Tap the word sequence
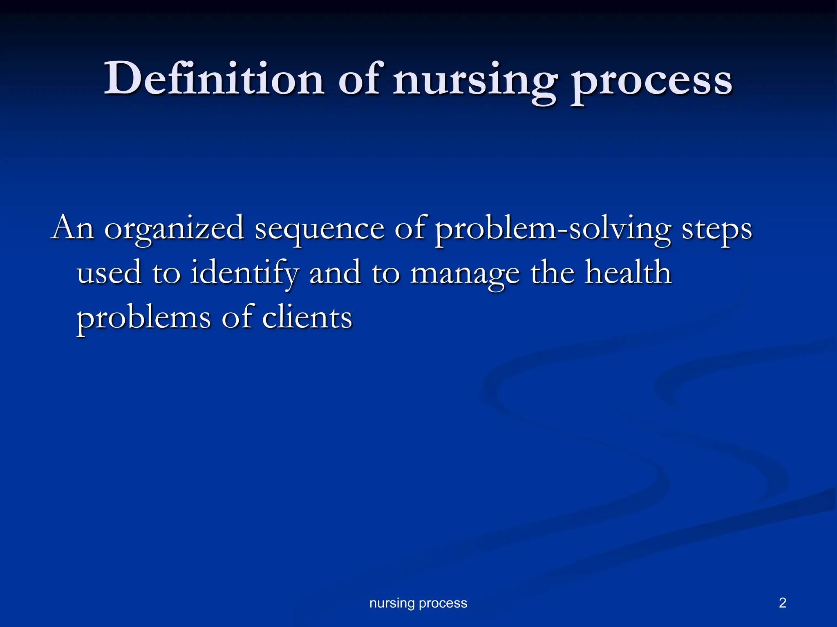pyautogui.click(x=319, y=229)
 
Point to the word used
pyautogui.click(x=109, y=273)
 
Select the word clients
pyautogui.click(x=307, y=317)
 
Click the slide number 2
pyautogui.click(x=782, y=603)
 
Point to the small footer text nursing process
pyautogui.click(x=418, y=603)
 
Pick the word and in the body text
pyautogui.click(x=335, y=273)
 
